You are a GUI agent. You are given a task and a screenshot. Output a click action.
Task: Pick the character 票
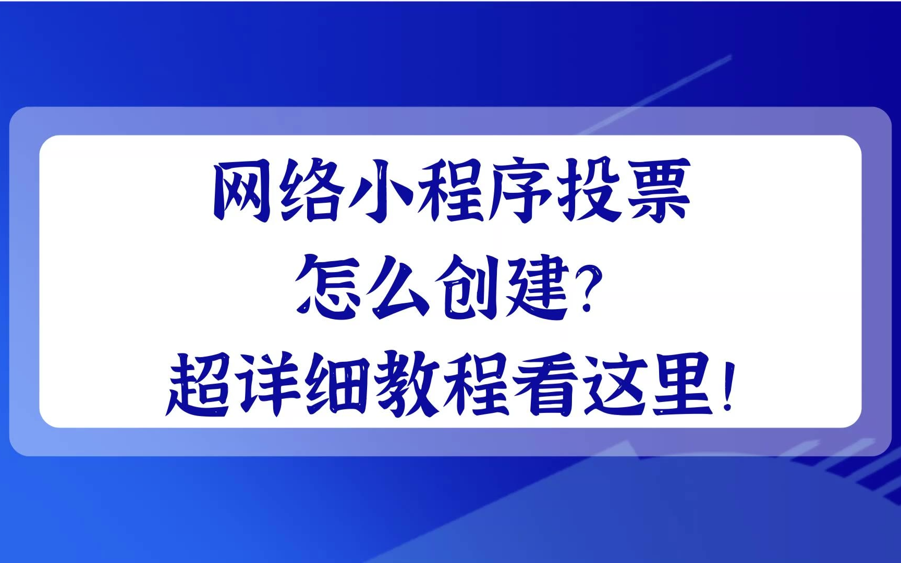point(659,190)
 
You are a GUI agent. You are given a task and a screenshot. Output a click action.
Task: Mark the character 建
point(538,287)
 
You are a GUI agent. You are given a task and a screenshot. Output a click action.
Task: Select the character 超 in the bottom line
point(199,385)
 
